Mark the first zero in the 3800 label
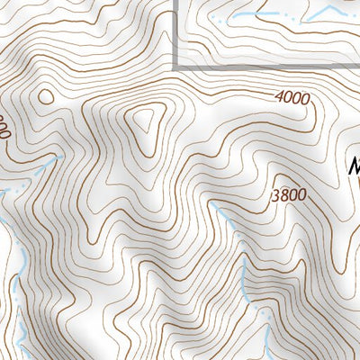(293, 194)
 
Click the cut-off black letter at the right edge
(354, 166)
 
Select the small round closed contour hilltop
(43, 96)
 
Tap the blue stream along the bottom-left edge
(16, 297)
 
